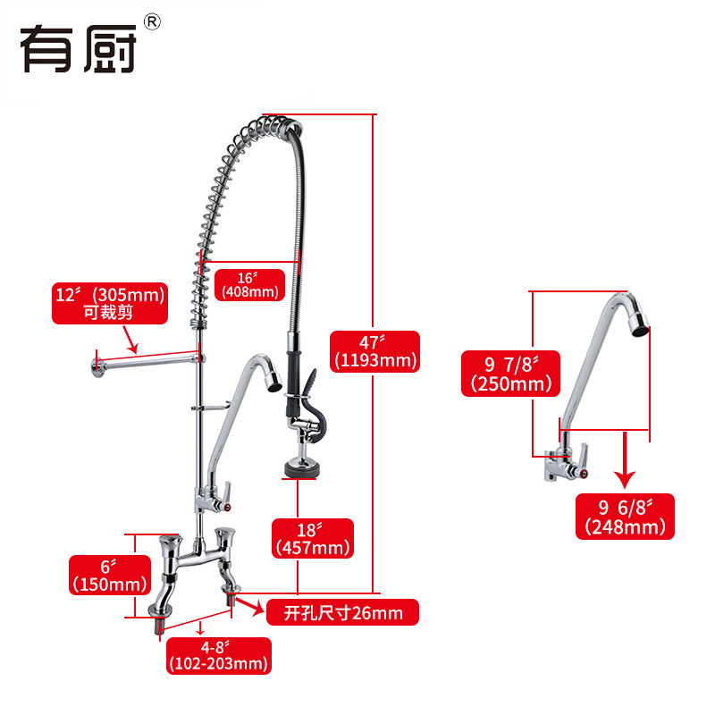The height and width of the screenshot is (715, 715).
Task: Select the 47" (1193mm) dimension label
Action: tap(374, 351)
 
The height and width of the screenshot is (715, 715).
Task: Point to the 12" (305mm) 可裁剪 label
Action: tap(110, 303)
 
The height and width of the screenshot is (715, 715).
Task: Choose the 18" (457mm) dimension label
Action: tap(313, 537)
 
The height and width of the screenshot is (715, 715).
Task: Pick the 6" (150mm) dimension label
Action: tap(109, 575)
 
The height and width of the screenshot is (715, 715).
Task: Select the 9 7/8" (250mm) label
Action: tap(507, 374)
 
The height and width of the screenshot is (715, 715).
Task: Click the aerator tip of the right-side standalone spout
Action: tap(638, 326)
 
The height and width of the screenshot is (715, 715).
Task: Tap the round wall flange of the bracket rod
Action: tap(96, 363)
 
